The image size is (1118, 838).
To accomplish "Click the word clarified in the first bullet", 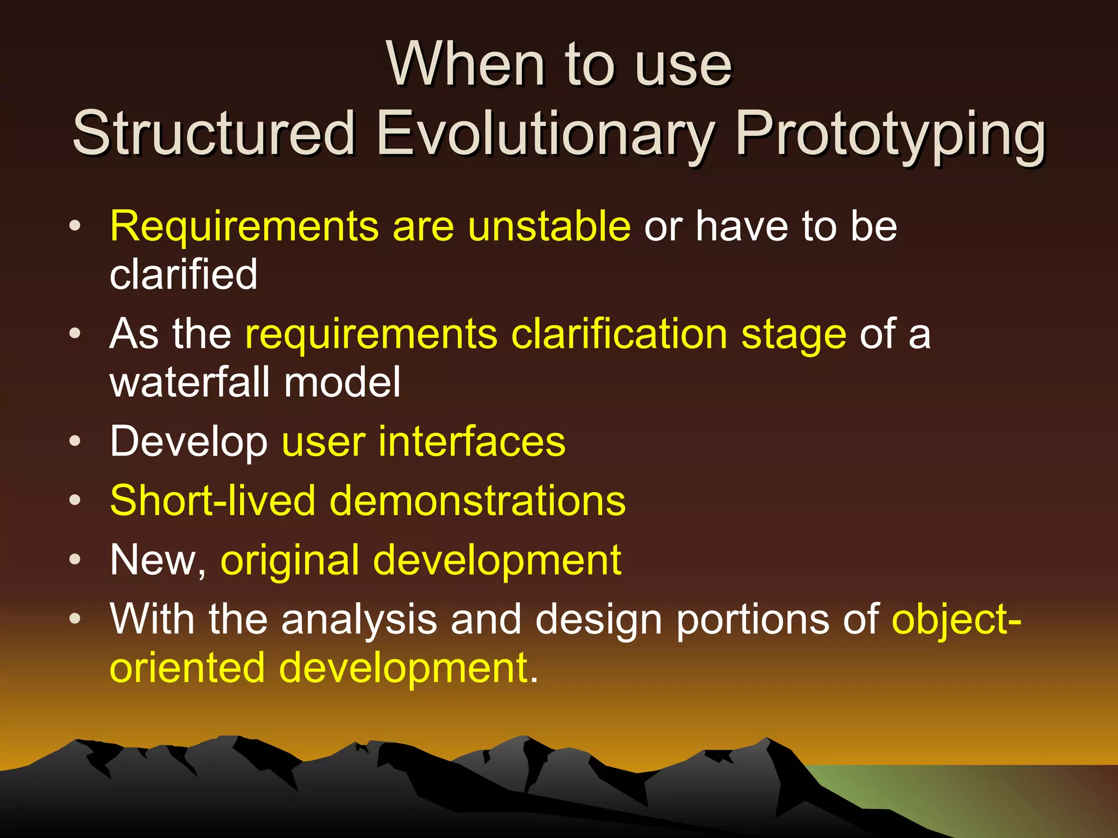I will tap(183, 274).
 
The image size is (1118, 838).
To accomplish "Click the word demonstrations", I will tap(478, 500).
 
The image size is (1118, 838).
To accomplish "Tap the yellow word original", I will tap(289, 561).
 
